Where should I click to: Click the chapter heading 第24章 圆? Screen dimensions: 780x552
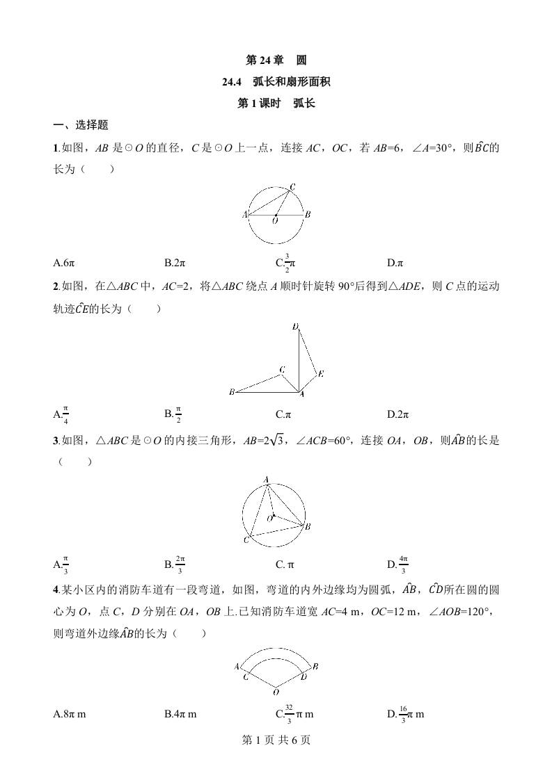click(276, 60)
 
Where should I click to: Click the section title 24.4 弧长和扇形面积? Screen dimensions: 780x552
click(276, 82)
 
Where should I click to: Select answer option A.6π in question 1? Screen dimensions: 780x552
click(64, 263)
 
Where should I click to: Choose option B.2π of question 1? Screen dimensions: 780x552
click(175, 263)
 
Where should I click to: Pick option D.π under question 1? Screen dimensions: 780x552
click(395, 263)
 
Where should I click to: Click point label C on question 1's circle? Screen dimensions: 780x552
click(292, 187)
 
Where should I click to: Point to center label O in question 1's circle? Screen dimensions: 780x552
click(275, 221)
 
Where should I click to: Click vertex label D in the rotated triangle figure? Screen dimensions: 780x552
click(296, 326)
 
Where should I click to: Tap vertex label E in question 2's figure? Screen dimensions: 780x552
click(320, 374)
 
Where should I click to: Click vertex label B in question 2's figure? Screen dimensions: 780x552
click(232, 393)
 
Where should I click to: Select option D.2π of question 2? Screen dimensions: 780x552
click(397, 414)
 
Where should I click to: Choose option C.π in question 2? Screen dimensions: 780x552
click(283, 414)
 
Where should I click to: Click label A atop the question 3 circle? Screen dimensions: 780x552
click(266, 479)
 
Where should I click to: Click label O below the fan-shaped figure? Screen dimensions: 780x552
click(276, 692)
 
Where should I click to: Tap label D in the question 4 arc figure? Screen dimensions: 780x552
click(303, 675)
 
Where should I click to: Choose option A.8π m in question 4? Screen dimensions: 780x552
click(70, 714)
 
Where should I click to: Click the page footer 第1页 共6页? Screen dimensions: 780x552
click(276, 740)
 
